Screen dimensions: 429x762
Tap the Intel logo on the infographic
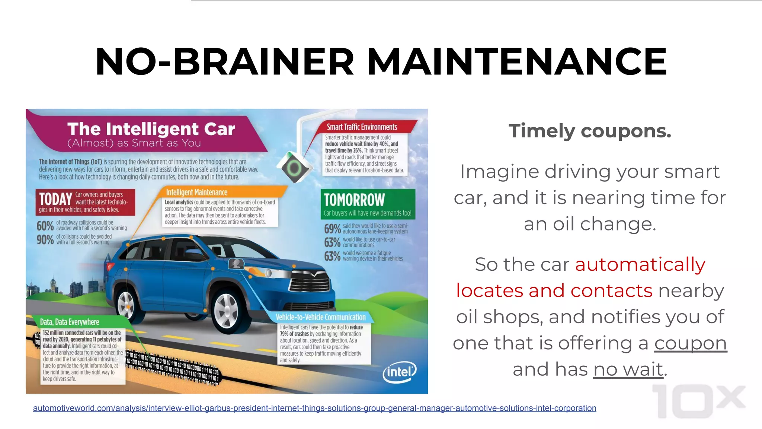[399, 372]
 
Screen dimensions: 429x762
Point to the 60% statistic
[45, 226]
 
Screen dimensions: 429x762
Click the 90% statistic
[45, 239]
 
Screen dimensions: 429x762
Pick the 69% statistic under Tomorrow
[332, 229]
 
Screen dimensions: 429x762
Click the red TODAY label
[55, 199]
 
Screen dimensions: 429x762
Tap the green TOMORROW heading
[354, 200]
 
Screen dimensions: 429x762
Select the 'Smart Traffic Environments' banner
[362, 127]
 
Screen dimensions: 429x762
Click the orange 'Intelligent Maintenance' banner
[196, 192]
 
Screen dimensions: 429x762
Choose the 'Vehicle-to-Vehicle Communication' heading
[320, 317]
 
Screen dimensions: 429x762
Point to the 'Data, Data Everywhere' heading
[70, 322]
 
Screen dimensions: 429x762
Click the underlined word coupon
[690, 343]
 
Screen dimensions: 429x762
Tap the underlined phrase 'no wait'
[628, 369]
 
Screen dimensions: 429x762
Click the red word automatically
[640, 264]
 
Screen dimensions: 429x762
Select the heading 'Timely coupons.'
[590, 131]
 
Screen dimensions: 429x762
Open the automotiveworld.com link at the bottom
[314, 408]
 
